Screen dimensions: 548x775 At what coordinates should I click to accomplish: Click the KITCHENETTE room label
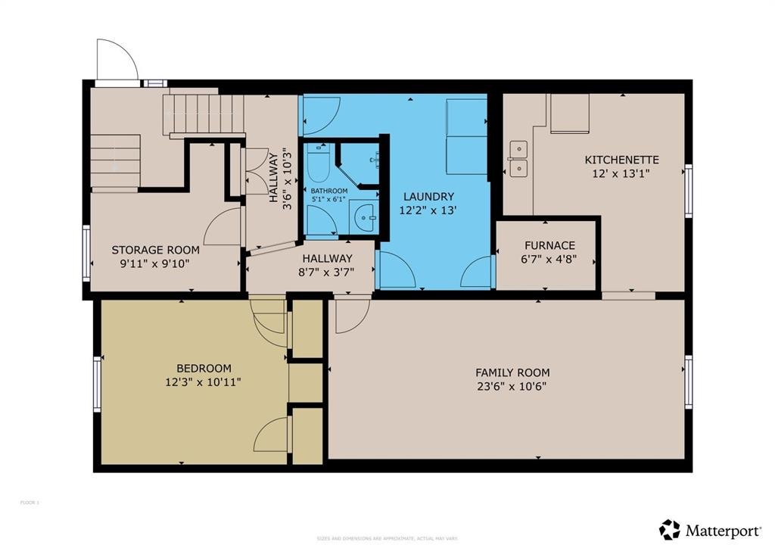point(621,160)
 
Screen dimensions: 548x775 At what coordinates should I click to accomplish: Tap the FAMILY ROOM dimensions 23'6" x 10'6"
point(512,386)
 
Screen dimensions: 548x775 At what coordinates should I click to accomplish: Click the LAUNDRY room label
point(428,196)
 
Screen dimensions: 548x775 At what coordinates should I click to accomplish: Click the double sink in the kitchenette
point(518,159)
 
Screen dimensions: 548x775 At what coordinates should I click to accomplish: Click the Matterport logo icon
point(669,529)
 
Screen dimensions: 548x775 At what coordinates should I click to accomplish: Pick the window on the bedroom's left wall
point(97,385)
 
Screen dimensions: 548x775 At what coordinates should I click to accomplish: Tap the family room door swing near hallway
point(351,316)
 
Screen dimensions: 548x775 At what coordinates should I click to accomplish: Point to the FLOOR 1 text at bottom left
point(30,503)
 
